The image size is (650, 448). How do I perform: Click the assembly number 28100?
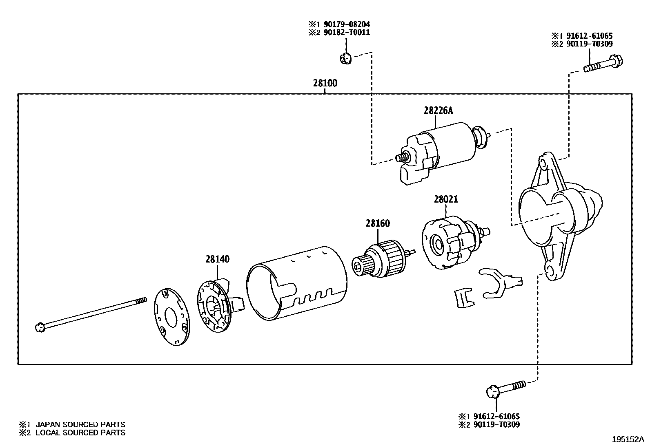(x=325, y=83)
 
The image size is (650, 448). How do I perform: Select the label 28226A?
(x=439, y=110)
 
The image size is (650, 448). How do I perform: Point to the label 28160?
(x=378, y=223)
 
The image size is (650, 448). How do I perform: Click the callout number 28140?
(x=217, y=259)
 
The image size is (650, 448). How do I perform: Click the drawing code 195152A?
(x=628, y=439)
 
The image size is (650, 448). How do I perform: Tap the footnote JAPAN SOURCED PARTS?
(x=80, y=424)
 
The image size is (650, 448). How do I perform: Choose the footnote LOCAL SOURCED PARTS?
(x=80, y=433)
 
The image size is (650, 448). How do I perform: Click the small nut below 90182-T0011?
(x=345, y=59)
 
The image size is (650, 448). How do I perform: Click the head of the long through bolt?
(x=40, y=326)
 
